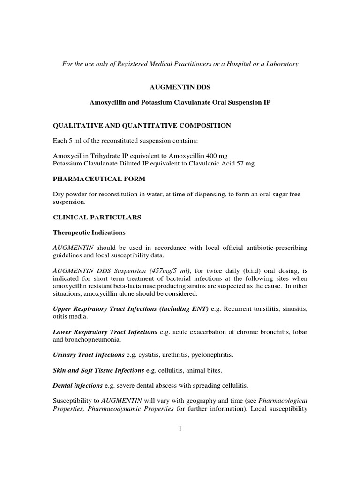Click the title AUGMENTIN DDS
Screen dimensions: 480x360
coord(180,87)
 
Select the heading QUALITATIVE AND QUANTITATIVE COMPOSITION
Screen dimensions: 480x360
coord(142,125)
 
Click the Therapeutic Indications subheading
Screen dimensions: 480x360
coord(89,232)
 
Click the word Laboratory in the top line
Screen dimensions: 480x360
coord(280,64)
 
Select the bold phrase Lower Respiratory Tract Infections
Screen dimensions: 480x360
coord(105,332)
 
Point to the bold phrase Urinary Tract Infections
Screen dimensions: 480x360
coord(89,355)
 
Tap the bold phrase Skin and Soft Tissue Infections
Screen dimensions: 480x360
coord(98,370)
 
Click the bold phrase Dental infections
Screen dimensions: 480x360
coord(78,386)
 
